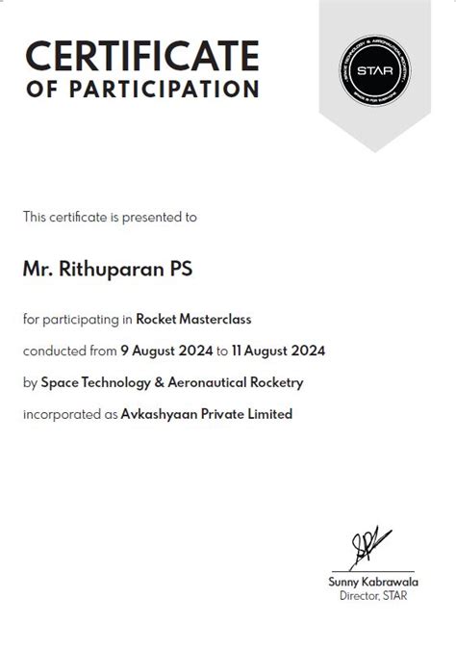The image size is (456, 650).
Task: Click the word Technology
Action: click(x=115, y=382)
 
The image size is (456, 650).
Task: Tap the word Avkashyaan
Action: click(x=158, y=414)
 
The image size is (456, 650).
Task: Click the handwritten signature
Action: click(x=369, y=546)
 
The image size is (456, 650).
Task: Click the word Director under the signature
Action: click(x=360, y=596)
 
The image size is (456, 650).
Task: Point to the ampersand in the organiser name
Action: click(x=158, y=382)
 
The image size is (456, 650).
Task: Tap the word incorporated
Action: click(x=60, y=414)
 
